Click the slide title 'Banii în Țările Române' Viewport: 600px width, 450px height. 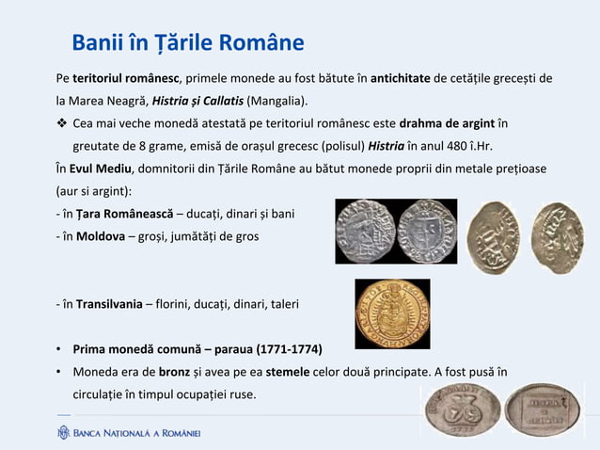click(x=188, y=43)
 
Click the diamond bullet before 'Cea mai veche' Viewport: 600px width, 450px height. click(x=61, y=124)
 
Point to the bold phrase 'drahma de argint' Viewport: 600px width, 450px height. click(x=448, y=123)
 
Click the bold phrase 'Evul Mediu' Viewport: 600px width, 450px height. click(x=100, y=169)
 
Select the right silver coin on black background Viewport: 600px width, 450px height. click(x=426, y=232)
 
